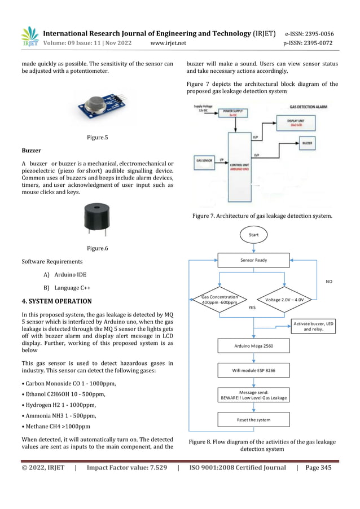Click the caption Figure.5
(97, 137)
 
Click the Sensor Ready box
(253, 260)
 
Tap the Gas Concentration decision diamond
(219, 299)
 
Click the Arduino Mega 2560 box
(253, 345)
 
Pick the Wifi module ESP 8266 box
(253, 370)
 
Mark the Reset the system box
(253, 419)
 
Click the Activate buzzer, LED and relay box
(314, 326)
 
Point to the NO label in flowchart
(330, 280)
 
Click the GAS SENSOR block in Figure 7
(204, 160)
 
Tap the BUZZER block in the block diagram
(307, 143)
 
